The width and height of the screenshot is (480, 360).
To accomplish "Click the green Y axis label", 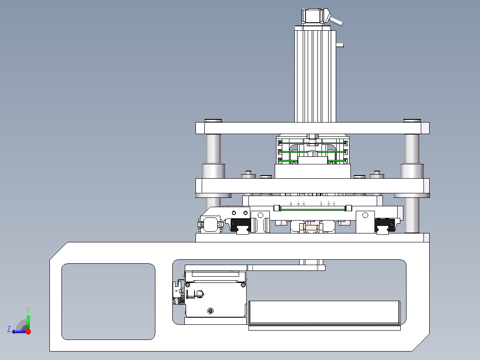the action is point(28,310).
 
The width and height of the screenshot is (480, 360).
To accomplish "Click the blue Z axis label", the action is point(9,329).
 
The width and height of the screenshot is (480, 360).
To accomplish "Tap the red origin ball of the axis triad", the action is point(28,331).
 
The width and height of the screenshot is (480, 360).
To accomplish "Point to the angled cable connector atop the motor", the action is point(335,20).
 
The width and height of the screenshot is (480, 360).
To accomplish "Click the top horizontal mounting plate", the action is point(312,128).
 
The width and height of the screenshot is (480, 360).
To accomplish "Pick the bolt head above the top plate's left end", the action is point(213,120).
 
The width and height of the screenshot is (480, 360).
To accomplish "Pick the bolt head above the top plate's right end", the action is point(412,120).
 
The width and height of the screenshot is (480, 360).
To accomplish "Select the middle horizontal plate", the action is point(312,186).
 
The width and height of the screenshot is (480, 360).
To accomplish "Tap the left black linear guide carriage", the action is point(240,225).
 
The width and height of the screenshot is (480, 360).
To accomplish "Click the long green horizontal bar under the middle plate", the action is point(313,209).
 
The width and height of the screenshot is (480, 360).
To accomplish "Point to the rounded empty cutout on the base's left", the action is point(108,302).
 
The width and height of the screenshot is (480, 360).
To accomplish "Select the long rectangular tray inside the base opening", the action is point(324,312).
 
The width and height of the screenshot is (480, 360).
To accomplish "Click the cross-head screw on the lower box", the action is point(210,311).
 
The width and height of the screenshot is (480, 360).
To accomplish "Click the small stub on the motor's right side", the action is point(340,45).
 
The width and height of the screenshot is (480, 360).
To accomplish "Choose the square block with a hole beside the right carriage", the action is point(365,222).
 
